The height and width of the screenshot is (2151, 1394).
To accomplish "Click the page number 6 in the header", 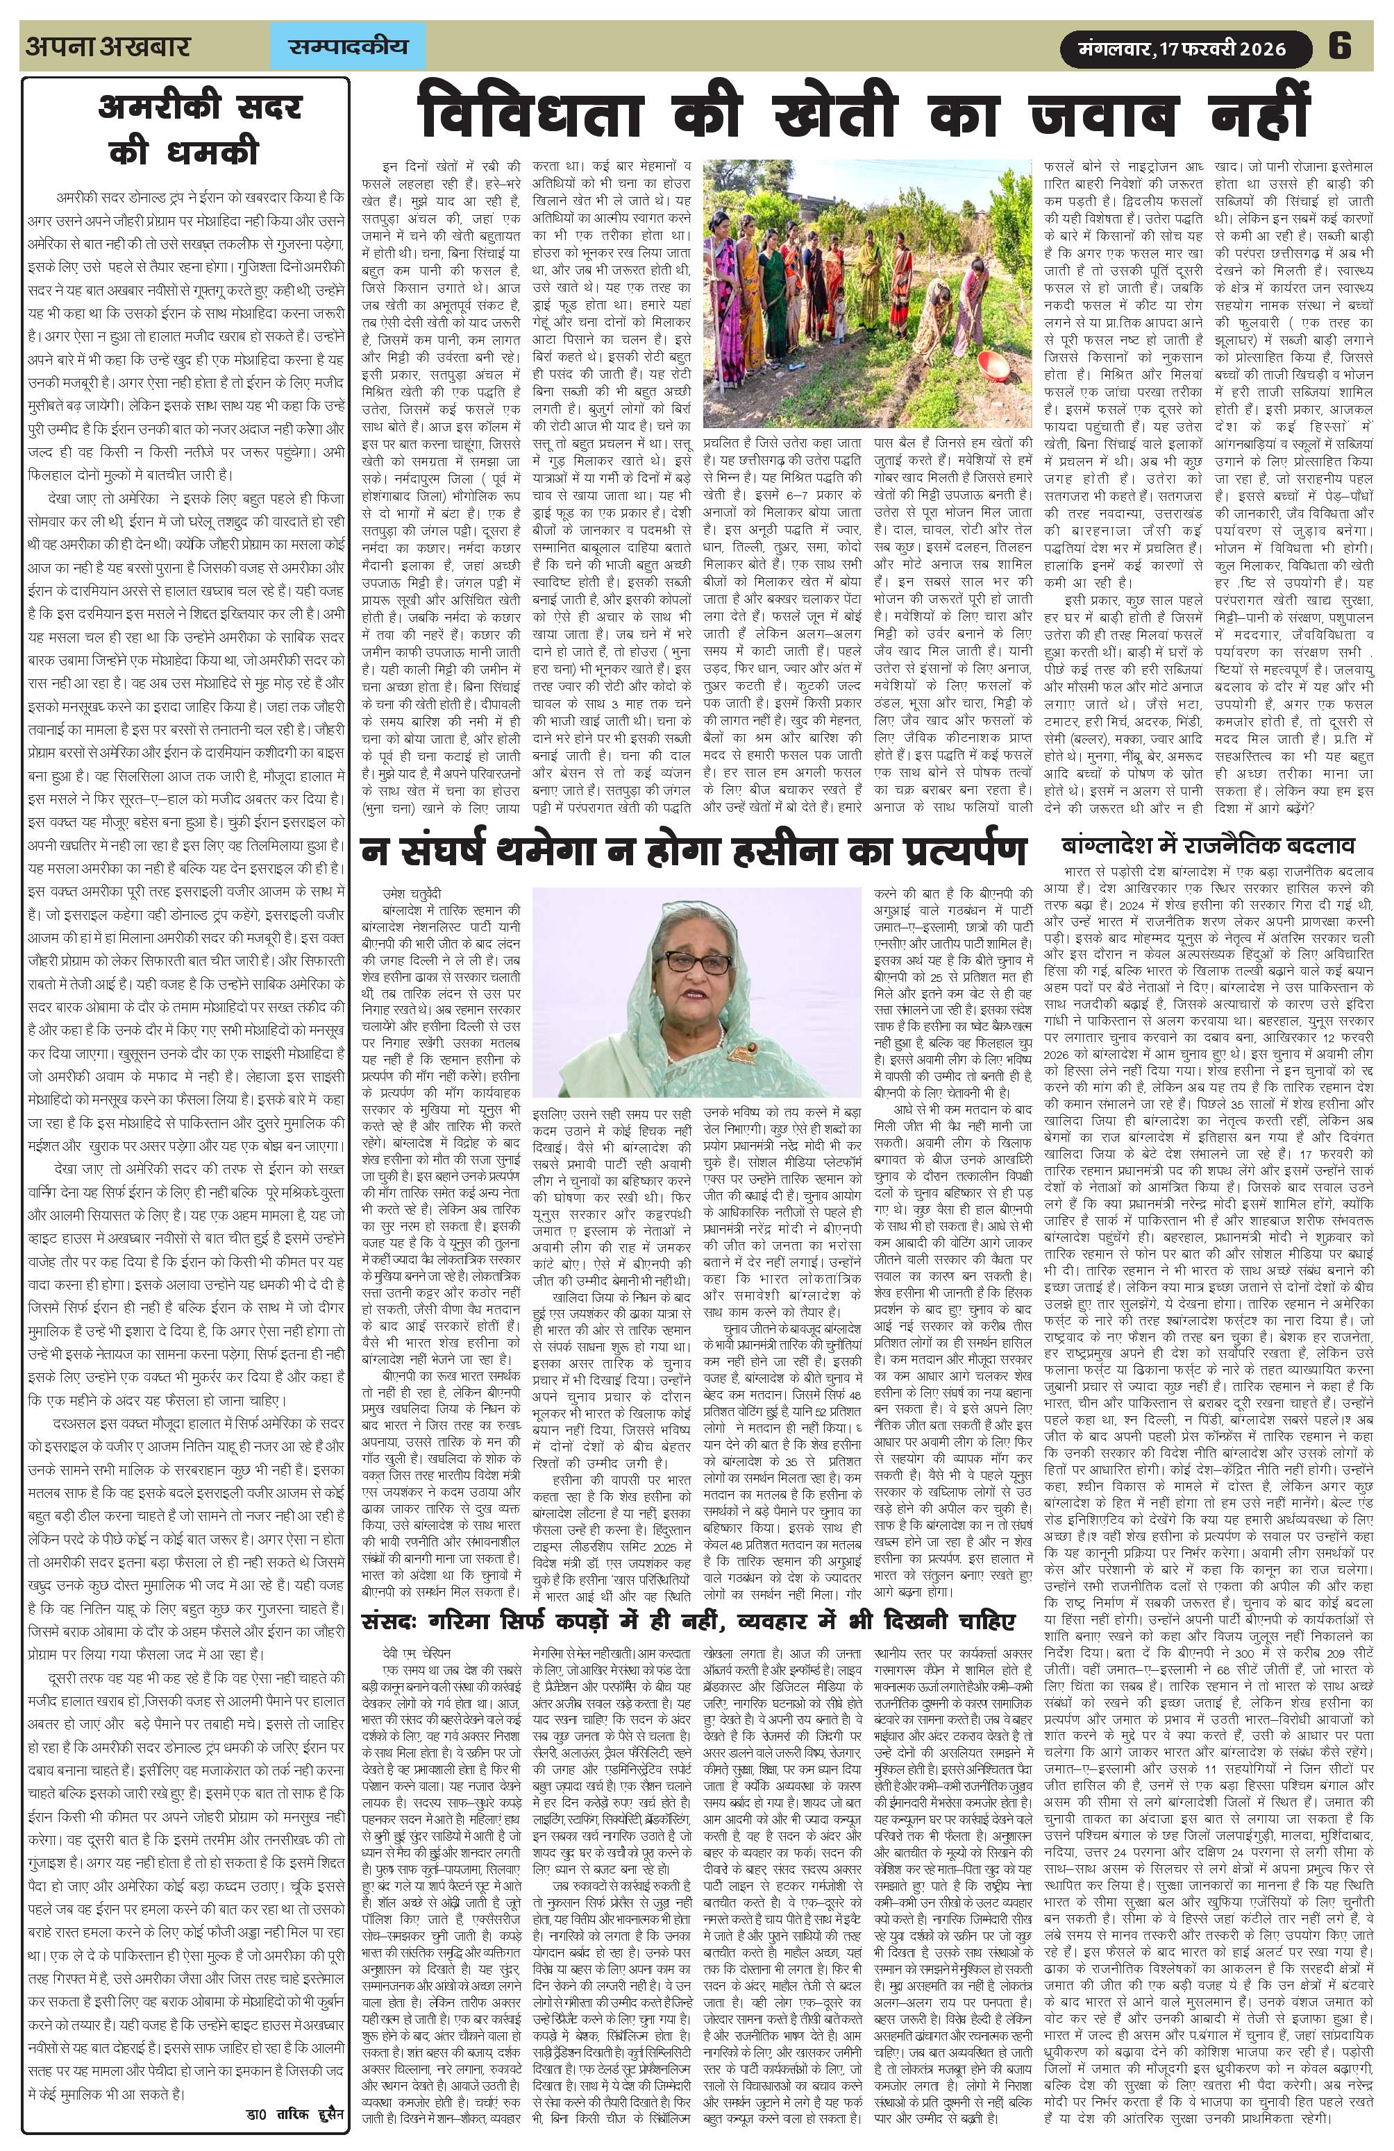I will click(x=1339, y=45).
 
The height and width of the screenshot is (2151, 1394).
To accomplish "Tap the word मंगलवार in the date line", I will click(x=1114, y=49).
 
